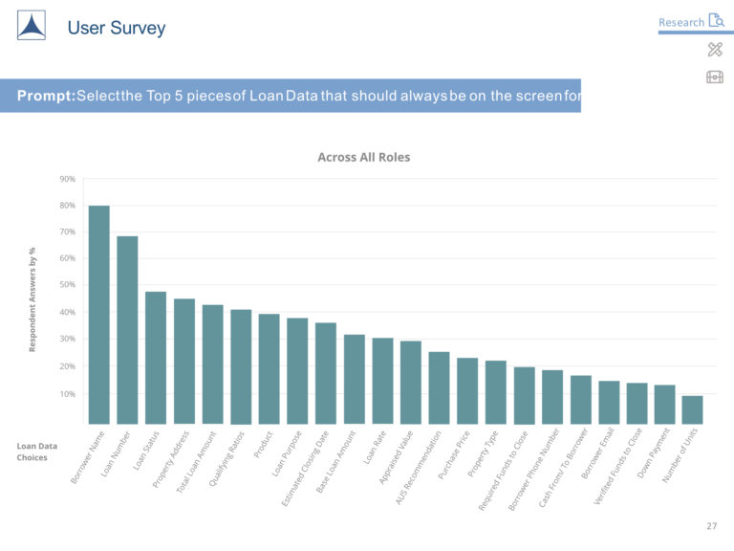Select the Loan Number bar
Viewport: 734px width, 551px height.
(127, 329)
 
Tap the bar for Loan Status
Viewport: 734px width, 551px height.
(156, 357)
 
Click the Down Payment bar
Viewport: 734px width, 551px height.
(664, 404)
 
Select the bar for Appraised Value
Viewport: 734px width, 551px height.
(410, 382)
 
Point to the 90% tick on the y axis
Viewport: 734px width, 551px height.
(67, 179)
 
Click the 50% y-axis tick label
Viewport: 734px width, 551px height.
(67, 286)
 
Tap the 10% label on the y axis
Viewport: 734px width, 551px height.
(67, 394)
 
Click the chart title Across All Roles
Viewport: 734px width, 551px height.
(363, 157)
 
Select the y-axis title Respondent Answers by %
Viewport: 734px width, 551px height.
(32, 298)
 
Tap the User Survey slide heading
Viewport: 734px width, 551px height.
(116, 28)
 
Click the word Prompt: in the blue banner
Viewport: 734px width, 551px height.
(46, 96)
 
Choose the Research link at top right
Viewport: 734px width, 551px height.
(680, 22)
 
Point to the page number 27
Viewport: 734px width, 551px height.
(711, 526)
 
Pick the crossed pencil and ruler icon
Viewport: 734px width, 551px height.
(715, 49)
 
